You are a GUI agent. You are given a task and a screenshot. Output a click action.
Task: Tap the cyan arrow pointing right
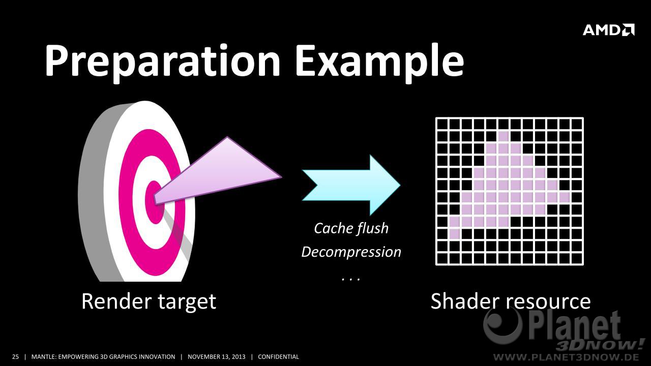coord(351,185)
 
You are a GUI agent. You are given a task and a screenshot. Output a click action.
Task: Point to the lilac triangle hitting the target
coord(217,171)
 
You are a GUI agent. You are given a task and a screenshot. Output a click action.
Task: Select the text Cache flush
coord(351,228)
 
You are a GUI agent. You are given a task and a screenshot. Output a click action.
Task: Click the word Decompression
coord(351,252)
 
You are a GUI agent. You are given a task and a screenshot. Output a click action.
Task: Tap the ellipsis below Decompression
coord(351,280)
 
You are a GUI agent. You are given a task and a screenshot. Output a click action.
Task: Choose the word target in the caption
coord(188,302)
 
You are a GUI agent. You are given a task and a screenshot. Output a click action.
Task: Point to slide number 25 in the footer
coord(15,357)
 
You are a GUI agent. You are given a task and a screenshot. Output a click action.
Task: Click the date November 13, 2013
coord(217,357)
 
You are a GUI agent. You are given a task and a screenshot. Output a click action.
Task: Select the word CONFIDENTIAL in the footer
coord(278,357)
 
